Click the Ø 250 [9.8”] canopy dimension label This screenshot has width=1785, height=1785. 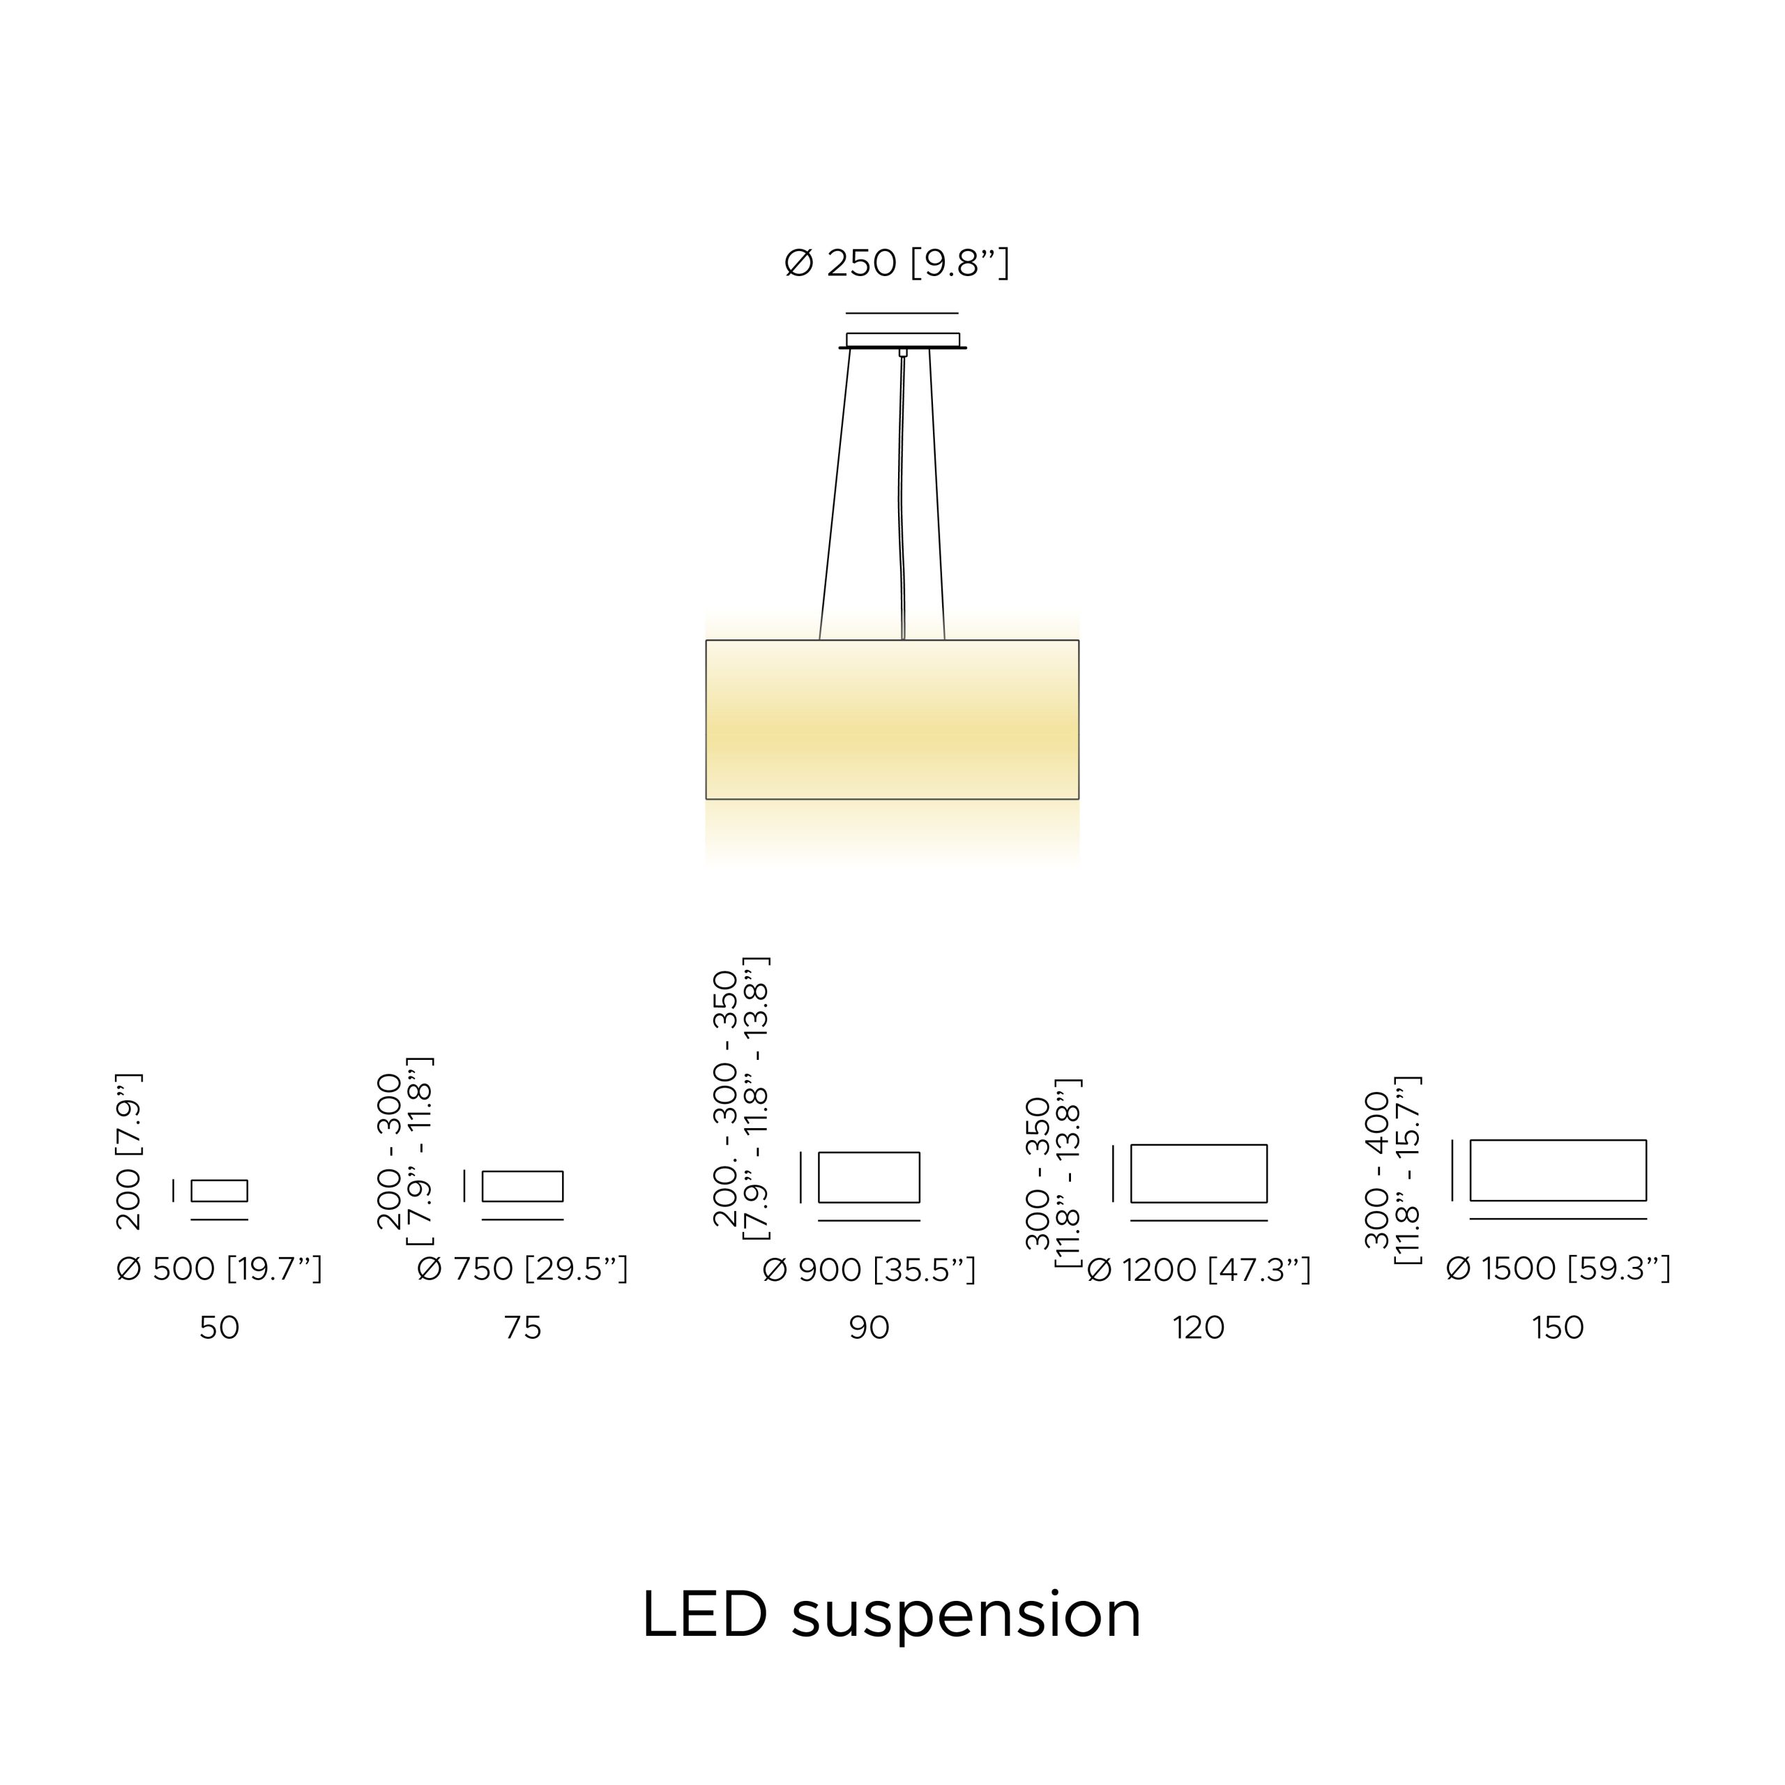(x=896, y=264)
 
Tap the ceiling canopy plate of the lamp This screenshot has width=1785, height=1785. (x=903, y=341)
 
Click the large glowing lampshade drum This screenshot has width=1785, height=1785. (x=892, y=720)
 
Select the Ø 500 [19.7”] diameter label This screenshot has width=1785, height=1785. (x=219, y=1270)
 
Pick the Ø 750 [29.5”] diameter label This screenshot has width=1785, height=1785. (x=522, y=1270)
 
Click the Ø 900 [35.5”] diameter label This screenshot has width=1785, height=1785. (x=869, y=1270)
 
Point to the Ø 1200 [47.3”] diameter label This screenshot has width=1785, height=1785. (x=1199, y=1270)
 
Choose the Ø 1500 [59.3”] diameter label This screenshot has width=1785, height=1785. (x=1558, y=1268)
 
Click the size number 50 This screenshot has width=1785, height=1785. (x=219, y=1328)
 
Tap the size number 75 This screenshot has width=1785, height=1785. (x=522, y=1328)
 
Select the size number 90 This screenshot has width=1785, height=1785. (x=869, y=1328)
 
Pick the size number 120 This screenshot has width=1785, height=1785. (x=1199, y=1328)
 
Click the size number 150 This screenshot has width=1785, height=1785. (x=1558, y=1328)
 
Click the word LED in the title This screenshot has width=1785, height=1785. (x=705, y=1614)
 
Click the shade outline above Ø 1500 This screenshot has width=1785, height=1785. (x=1558, y=1140)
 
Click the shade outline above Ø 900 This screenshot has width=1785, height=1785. (x=869, y=1152)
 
